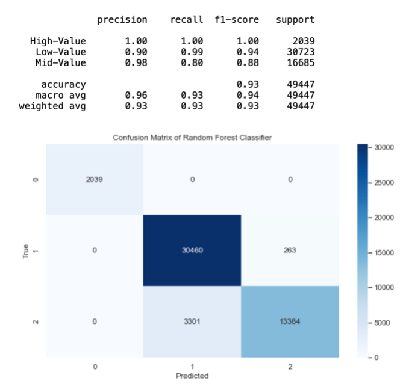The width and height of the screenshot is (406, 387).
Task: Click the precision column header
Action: [122, 20]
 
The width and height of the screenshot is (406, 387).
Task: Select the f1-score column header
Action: [237, 20]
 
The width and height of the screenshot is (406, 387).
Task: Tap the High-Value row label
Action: [58, 41]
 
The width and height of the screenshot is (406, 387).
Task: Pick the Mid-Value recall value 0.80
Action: [192, 62]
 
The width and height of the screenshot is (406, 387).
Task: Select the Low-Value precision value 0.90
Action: [135, 52]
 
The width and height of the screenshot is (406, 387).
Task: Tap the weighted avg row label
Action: [52, 106]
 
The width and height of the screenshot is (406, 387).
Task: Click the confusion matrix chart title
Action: [192, 138]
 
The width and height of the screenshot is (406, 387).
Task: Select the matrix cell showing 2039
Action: [94, 179]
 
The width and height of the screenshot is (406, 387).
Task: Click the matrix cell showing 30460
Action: [192, 250]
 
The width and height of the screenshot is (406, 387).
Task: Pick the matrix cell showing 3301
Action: [192, 321]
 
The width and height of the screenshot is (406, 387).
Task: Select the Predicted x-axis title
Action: [192, 376]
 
